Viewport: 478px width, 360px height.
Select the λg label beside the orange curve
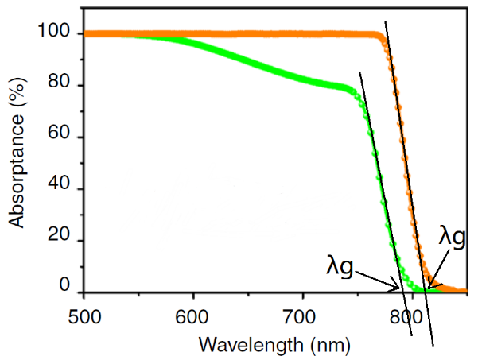tap(453, 237)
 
